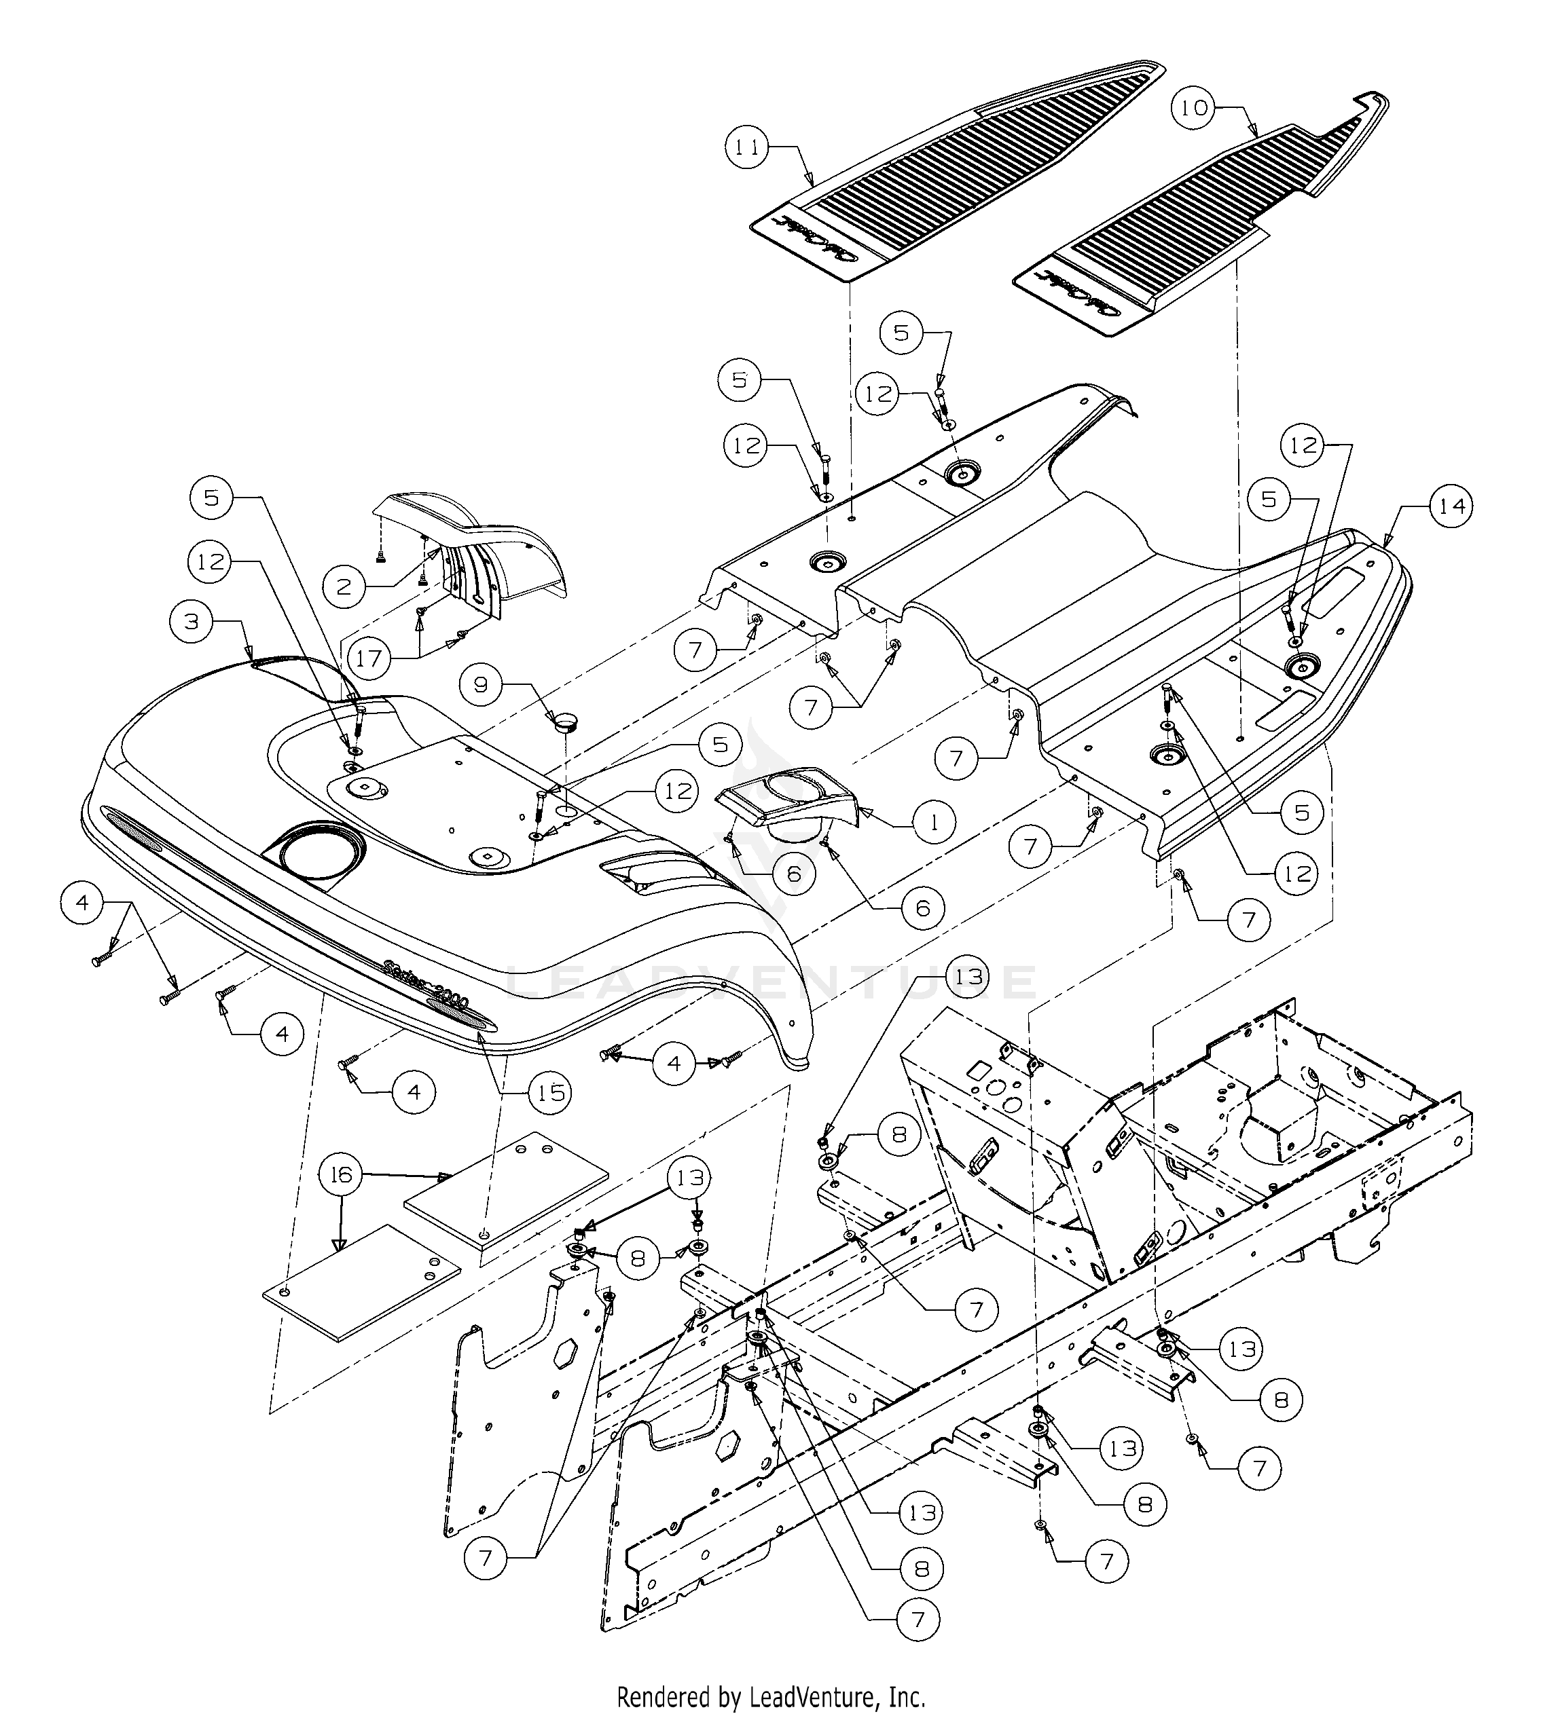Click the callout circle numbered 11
tap(747, 147)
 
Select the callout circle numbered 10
tap(1194, 109)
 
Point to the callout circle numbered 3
tap(192, 621)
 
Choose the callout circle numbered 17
tap(369, 658)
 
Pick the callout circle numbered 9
tap(482, 684)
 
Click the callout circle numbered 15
tap(551, 1092)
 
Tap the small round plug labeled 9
tap(564, 722)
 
